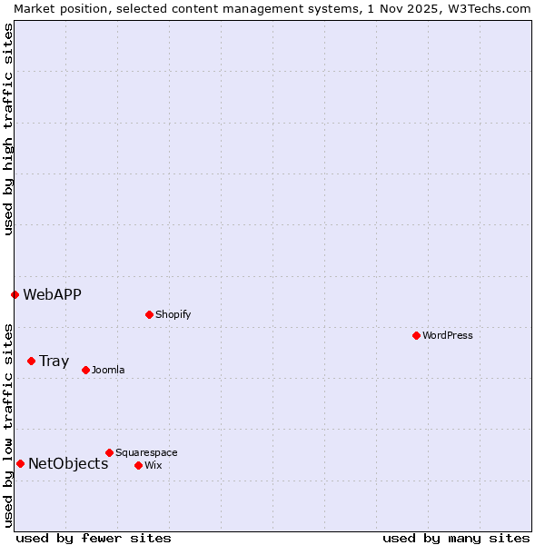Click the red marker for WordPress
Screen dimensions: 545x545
416,335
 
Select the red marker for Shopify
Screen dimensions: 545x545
149,314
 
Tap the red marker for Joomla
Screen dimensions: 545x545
85,370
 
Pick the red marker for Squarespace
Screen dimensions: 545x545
109,452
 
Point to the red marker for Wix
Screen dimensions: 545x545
138,465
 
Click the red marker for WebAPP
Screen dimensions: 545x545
15,294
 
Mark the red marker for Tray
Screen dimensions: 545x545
31,361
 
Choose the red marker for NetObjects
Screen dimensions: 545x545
20,463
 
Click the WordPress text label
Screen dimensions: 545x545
448,335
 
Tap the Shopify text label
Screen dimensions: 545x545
173,314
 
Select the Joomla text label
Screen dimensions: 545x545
108,370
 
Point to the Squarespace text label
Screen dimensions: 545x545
146,452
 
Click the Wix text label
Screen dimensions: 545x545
154,465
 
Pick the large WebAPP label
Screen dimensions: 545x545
52,294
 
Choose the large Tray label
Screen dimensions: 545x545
54,361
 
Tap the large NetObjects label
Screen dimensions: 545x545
68,463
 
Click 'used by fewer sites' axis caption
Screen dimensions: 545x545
94,538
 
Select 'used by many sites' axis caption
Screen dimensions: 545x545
456,538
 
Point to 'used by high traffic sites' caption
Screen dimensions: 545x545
8,129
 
